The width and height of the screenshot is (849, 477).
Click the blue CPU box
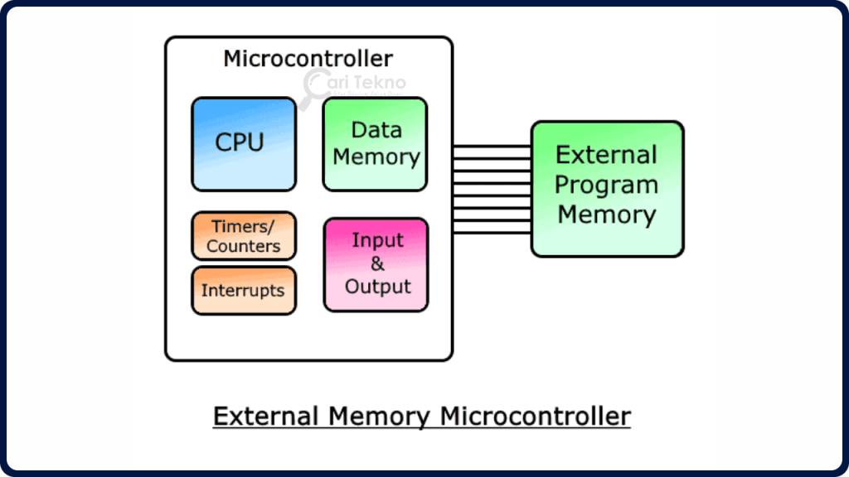pyautogui.click(x=244, y=144)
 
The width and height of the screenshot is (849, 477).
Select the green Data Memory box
pyautogui.click(x=375, y=144)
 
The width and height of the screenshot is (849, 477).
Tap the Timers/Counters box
pyautogui.click(x=244, y=236)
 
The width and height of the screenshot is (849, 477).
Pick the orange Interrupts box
pyautogui.click(x=244, y=291)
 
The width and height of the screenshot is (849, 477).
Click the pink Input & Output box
pyautogui.click(x=376, y=264)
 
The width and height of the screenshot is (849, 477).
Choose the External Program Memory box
pyautogui.click(x=607, y=188)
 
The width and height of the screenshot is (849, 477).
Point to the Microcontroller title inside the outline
pyautogui.click(x=308, y=59)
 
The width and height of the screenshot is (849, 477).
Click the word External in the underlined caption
pyautogui.click(x=265, y=415)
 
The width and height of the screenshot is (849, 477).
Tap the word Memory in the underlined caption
pyautogui.click(x=378, y=415)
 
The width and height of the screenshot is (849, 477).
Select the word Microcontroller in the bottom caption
pyautogui.click(x=535, y=415)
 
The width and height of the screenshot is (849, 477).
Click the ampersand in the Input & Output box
pyautogui.click(x=377, y=264)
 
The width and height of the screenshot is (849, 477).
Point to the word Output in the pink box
pyautogui.click(x=377, y=287)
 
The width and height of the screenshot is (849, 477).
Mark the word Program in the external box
pyautogui.click(x=607, y=185)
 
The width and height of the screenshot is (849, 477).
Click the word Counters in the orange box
pyautogui.click(x=244, y=246)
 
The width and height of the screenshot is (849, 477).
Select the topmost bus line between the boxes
pyautogui.click(x=492, y=146)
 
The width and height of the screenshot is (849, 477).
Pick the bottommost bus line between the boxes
pyautogui.click(x=492, y=233)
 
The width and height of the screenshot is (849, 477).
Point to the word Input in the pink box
pyautogui.click(x=377, y=240)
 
